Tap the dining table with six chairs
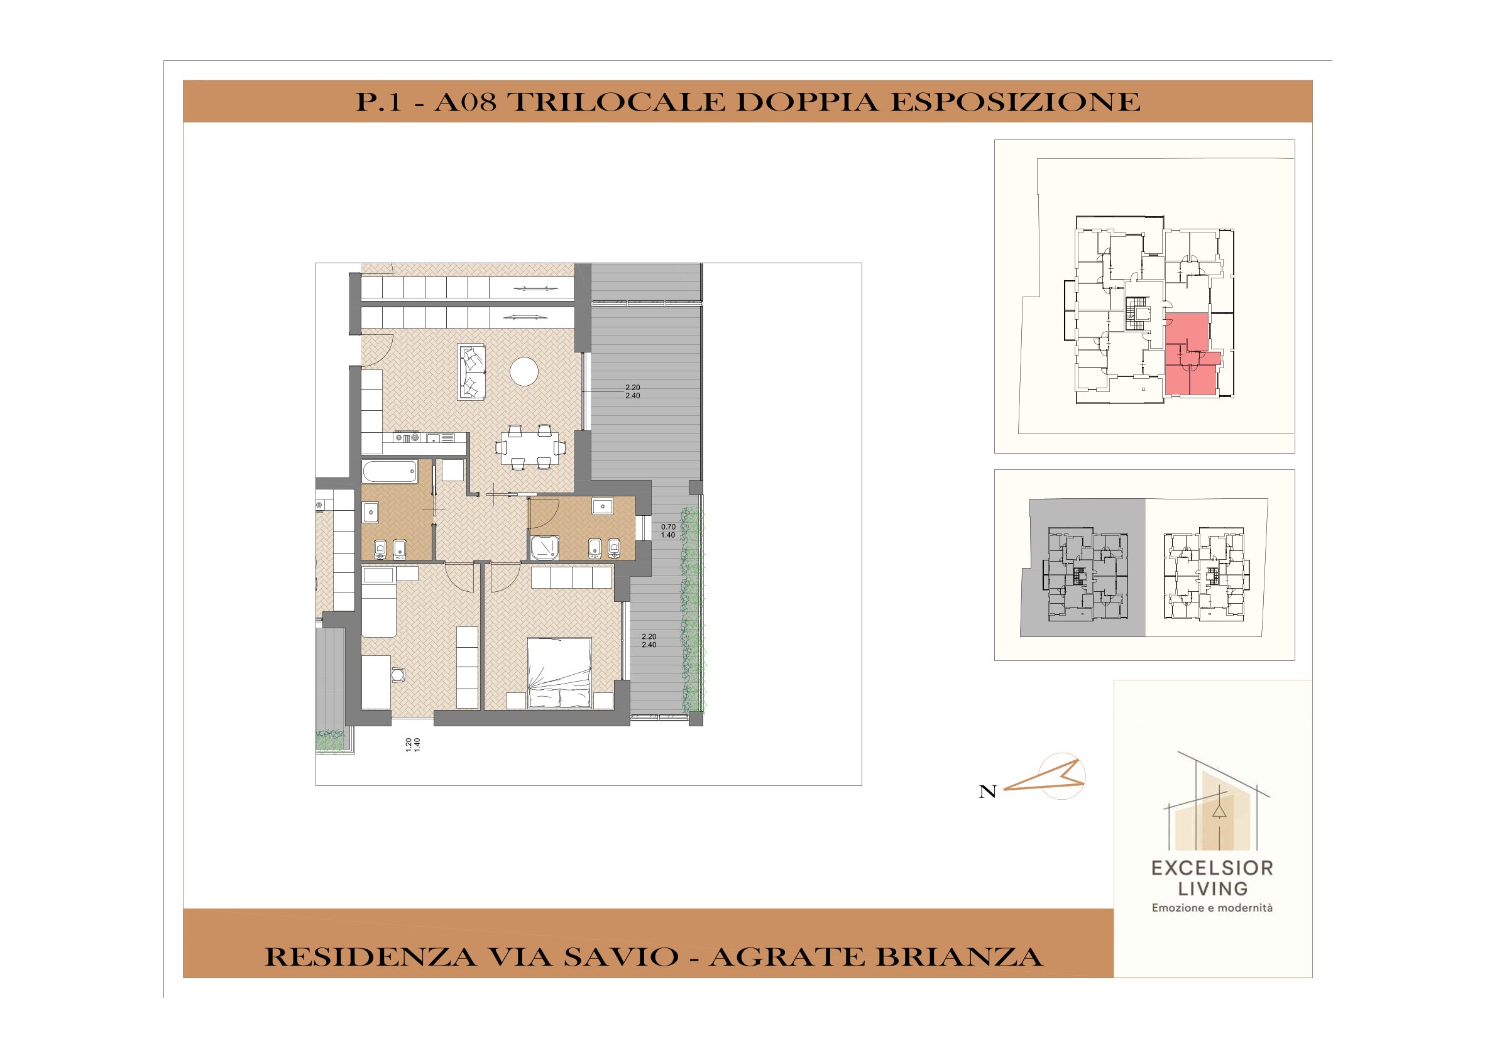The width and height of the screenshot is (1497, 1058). click(530, 447)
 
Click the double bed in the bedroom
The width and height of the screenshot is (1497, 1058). click(559, 672)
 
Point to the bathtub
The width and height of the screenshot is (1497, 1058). click(390, 472)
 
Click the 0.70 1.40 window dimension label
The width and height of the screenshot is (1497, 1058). click(668, 531)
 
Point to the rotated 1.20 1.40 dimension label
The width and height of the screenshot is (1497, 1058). click(413, 745)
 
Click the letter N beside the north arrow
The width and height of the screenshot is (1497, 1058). click(988, 792)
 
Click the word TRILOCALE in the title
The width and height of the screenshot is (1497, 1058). click(616, 102)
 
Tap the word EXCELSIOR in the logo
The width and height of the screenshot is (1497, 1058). click(1212, 868)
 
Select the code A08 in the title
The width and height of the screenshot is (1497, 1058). click(465, 102)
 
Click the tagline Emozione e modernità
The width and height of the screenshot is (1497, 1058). click(1212, 907)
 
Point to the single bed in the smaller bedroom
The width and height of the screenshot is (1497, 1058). click(379, 602)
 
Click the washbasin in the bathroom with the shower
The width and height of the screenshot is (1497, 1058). click(603, 506)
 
